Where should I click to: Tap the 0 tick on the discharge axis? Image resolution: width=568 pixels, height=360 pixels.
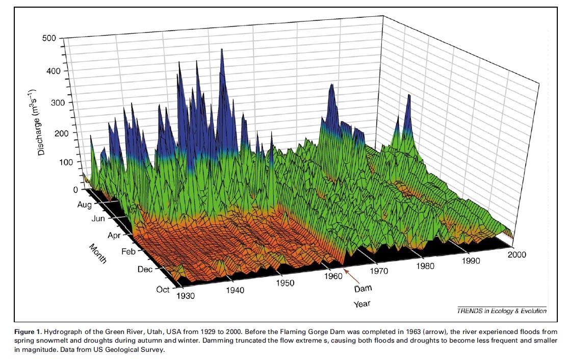click(x=75, y=189)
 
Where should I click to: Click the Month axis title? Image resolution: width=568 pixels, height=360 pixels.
click(x=98, y=253)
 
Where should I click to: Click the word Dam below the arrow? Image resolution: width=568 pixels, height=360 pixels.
click(x=363, y=289)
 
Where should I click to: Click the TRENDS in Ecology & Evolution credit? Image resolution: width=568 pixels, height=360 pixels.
click(x=502, y=311)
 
